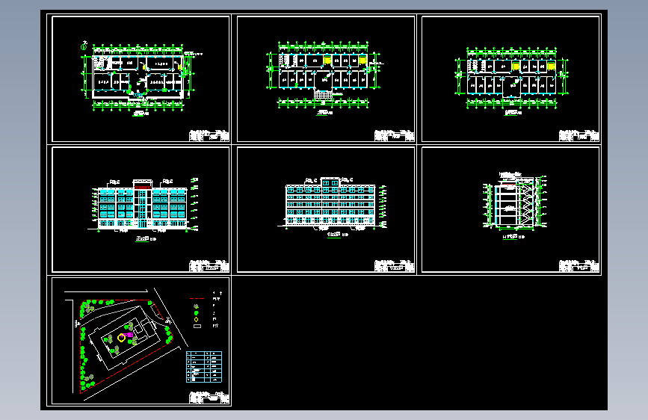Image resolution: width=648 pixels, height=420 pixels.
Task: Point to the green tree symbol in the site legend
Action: pyautogui.click(x=196, y=306)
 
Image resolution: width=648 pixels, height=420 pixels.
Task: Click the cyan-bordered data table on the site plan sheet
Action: pyautogui.click(x=203, y=365)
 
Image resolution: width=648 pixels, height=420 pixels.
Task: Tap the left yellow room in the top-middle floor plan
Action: pyautogui.click(x=328, y=59)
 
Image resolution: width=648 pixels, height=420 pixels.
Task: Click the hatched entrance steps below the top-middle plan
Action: pyautogui.click(x=322, y=94)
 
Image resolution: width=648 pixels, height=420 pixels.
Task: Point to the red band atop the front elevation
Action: pyautogui.click(x=142, y=181)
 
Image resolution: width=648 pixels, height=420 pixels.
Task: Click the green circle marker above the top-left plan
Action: pyautogui.click(x=84, y=43)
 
